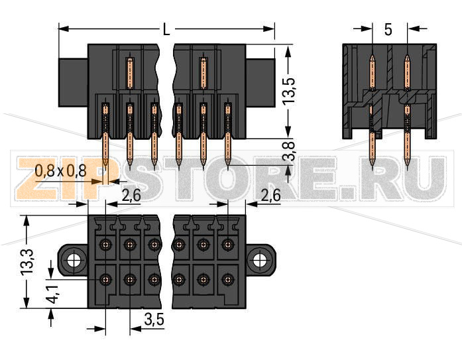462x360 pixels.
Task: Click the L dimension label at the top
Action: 166,30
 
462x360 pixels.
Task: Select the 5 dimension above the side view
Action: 388,30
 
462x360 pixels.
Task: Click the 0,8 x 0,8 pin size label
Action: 60,171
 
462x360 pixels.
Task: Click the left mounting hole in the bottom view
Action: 74,259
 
